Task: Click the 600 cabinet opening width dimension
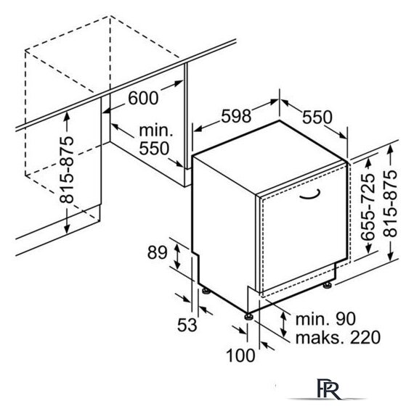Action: (143, 97)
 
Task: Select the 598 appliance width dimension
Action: (236, 116)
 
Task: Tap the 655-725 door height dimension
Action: (368, 207)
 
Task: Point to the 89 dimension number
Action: (157, 252)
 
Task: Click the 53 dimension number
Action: (187, 325)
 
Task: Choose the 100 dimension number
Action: (240, 355)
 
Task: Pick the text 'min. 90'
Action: (325, 319)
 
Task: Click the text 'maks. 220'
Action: (338, 337)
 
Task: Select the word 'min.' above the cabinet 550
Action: (156, 131)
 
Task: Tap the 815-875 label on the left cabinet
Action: (66, 170)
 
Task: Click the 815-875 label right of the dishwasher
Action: (390, 203)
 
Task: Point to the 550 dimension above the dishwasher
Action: (317, 117)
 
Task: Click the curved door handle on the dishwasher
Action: (310, 195)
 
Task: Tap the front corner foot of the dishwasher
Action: (248, 316)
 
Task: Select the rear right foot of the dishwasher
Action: (328, 286)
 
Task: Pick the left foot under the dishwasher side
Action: (206, 291)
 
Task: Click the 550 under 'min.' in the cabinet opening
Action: (154, 148)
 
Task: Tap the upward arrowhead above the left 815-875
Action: (67, 116)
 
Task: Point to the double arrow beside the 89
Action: (177, 257)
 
